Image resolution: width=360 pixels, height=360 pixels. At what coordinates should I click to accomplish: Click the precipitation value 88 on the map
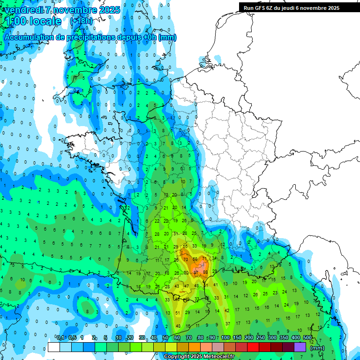tap(205, 272)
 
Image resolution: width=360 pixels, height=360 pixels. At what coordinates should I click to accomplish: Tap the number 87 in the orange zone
tap(196, 272)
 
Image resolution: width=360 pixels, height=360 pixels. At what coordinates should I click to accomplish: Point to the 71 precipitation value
tap(204, 259)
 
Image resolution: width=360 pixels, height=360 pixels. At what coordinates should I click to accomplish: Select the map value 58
tap(195, 259)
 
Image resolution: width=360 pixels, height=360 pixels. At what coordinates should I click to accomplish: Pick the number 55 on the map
tap(185, 246)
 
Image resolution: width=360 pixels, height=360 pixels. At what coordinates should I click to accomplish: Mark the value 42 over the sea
tap(227, 310)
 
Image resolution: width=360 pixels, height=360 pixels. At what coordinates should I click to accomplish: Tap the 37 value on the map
tap(228, 323)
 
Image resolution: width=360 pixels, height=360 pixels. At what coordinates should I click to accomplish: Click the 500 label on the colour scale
tap(307, 338)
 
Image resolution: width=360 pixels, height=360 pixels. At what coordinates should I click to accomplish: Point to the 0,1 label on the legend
tap(60, 338)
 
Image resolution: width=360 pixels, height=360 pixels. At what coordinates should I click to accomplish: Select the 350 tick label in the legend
tap(284, 338)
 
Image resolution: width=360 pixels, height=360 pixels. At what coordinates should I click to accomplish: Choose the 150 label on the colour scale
tap(237, 338)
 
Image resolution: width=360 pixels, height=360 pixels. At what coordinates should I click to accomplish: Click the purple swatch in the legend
tap(300, 347)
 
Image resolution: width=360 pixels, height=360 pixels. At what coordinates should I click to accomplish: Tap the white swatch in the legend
tap(53, 347)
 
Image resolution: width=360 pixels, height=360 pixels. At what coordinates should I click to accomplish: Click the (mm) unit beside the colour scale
tap(317, 348)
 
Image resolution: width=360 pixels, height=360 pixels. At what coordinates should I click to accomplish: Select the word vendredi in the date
tap(23, 10)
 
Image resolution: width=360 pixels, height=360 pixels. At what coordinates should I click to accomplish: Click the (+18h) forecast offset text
tap(82, 21)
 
